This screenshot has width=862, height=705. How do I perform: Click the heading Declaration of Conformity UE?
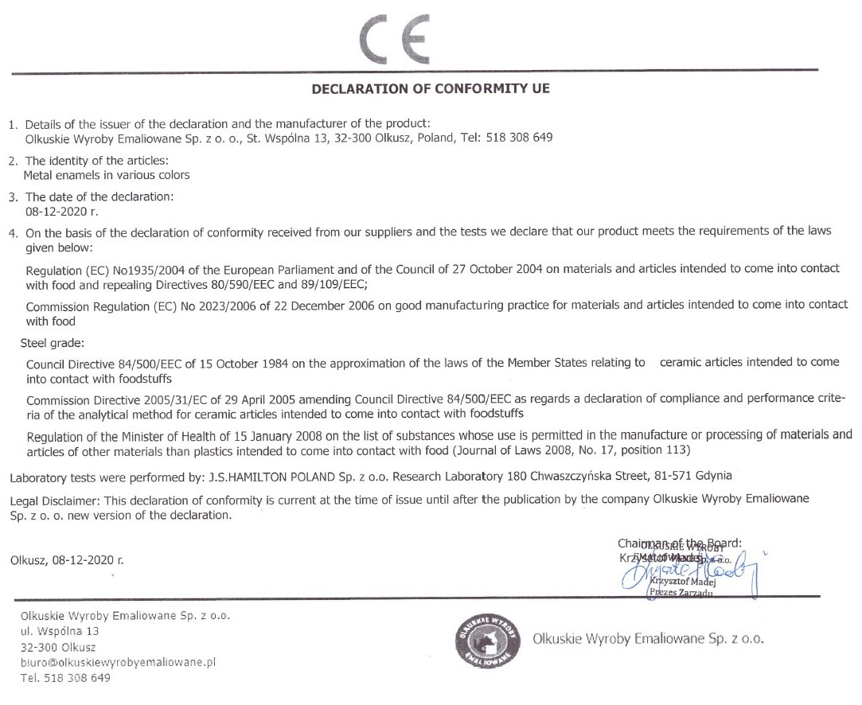point(431,89)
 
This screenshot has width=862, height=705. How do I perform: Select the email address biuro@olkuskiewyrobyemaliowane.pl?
point(119,662)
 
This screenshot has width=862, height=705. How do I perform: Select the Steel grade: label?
point(52,344)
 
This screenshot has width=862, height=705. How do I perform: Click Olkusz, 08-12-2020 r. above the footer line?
point(67,559)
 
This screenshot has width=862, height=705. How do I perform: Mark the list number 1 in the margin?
point(12,125)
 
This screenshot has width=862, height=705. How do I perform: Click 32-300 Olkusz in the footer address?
point(58,647)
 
